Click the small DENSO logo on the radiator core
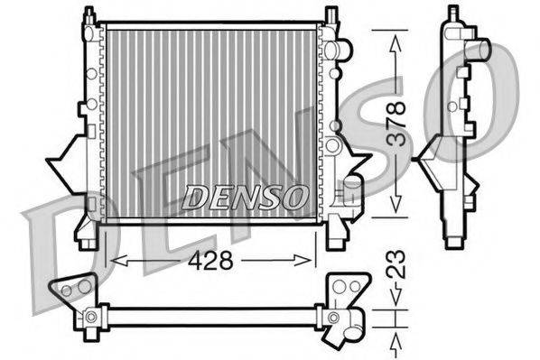(246, 196)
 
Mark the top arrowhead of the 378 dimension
(396, 34)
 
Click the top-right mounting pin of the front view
(331, 14)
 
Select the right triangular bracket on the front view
(356, 164)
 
